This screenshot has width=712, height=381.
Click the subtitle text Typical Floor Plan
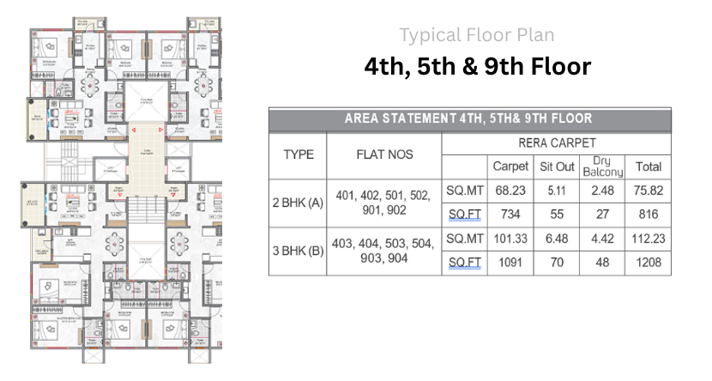(x=476, y=35)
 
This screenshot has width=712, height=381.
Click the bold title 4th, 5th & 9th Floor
(x=477, y=66)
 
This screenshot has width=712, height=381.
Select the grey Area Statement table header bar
(x=469, y=119)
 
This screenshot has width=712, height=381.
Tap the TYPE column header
(x=298, y=155)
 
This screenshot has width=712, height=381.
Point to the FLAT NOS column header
(x=383, y=155)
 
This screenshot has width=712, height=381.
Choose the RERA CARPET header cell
(x=557, y=143)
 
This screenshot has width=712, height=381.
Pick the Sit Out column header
(x=557, y=166)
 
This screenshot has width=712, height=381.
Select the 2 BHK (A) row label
(x=298, y=203)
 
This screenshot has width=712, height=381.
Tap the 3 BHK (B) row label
(x=298, y=251)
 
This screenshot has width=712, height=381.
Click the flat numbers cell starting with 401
(x=383, y=203)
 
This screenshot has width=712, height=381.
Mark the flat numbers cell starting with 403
(x=383, y=251)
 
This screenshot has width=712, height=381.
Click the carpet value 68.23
(x=510, y=190)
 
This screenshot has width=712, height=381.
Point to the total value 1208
(x=648, y=263)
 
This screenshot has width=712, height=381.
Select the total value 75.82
(x=648, y=190)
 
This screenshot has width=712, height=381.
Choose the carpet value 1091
(x=510, y=263)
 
